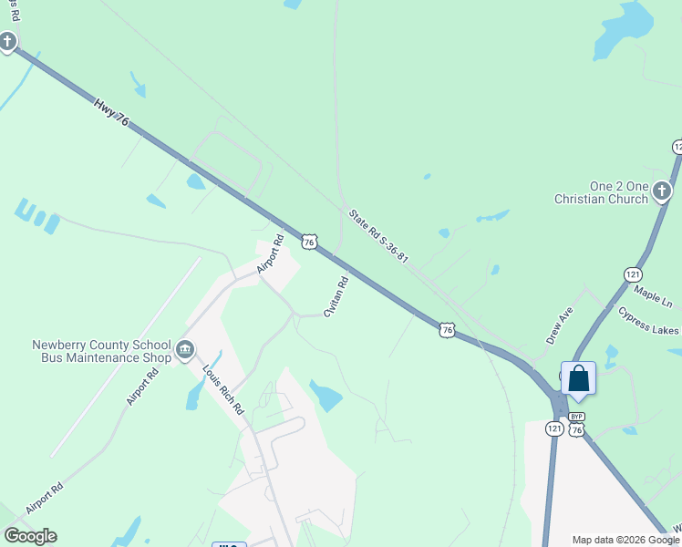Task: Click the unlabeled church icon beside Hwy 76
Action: pyautogui.click(x=7, y=41)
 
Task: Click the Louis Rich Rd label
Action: pyautogui.click(x=222, y=390)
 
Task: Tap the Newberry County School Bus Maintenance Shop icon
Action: pyautogui.click(x=185, y=349)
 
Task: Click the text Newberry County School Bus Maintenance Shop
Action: pyautogui.click(x=101, y=351)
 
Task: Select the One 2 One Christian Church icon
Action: pyautogui.click(x=662, y=191)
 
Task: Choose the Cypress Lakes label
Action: pyautogui.click(x=647, y=321)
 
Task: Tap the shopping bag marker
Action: pyautogui.click(x=578, y=377)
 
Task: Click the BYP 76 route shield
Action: pyautogui.click(x=576, y=425)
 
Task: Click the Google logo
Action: pyautogui.click(x=30, y=536)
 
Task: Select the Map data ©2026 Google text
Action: pyautogui.click(x=625, y=540)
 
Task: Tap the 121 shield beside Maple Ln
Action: pyautogui.click(x=634, y=274)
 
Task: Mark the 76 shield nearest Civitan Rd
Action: pyautogui.click(x=310, y=242)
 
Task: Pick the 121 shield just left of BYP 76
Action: pyautogui.click(x=554, y=428)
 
